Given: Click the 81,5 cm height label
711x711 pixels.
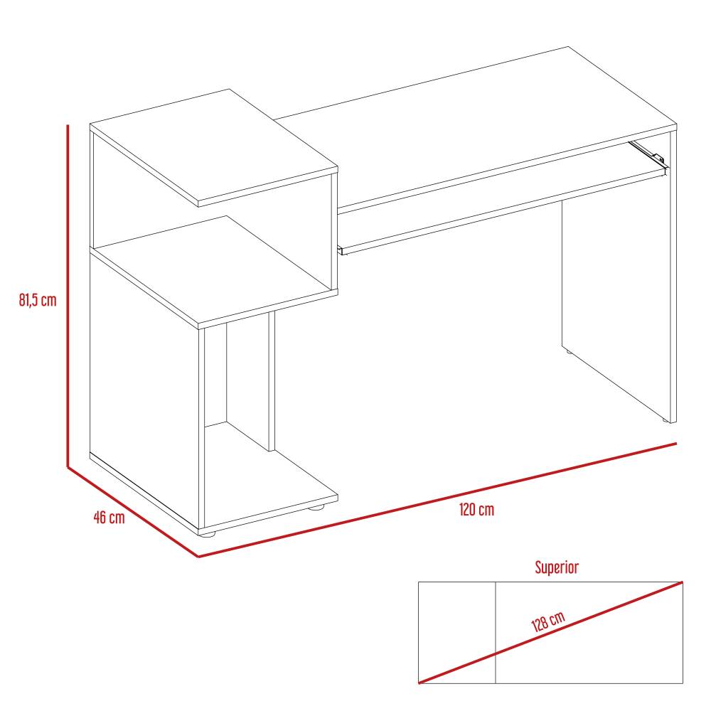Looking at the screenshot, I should click(x=38, y=300).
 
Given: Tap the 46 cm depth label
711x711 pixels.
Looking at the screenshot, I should click(x=109, y=517).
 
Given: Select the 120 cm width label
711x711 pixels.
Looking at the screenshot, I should click(x=476, y=510).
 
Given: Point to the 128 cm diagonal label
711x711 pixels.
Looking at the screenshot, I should click(x=547, y=621).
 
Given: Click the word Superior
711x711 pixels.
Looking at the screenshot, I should click(x=557, y=567).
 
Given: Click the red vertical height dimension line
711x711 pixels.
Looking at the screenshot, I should click(x=68, y=299).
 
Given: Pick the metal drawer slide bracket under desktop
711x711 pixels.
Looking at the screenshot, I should click(x=647, y=151).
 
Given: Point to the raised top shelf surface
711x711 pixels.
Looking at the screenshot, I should click(x=213, y=146).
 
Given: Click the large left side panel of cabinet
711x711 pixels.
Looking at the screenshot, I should click(x=142, y=384).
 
